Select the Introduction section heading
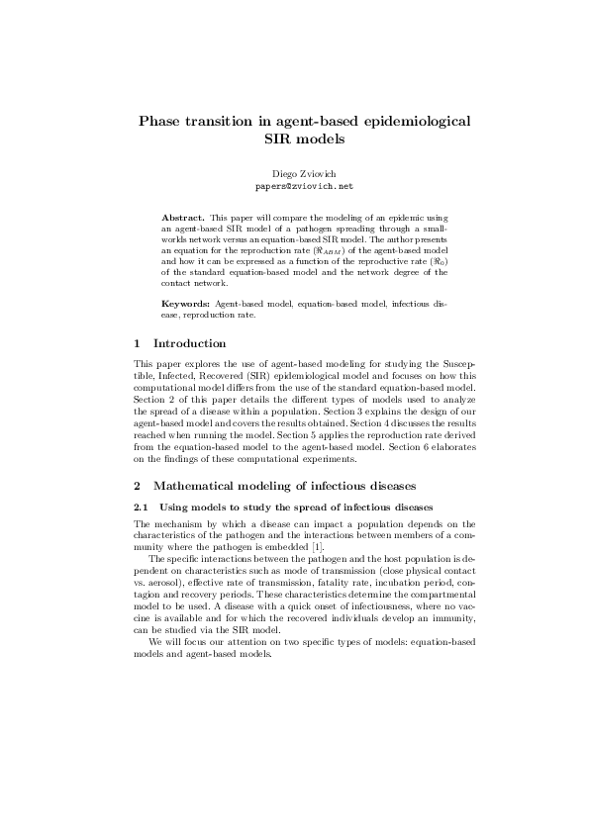click(x=189, y=343)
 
